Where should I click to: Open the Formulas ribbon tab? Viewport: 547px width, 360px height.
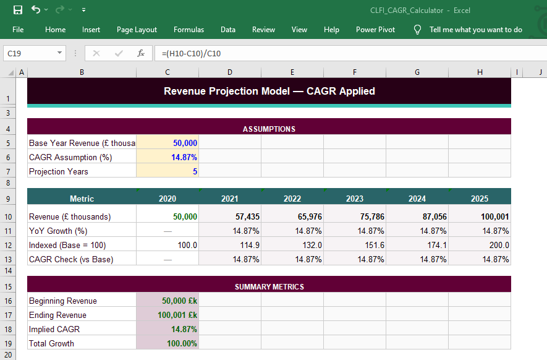click(189, 30)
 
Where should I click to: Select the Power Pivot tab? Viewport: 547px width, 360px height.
click(375, 30)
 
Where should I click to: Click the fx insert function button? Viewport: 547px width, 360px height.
click(141, 54)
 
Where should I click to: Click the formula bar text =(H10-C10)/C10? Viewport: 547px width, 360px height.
click(191, 54)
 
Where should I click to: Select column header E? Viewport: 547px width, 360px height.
click(292, 72)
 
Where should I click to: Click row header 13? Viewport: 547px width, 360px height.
click(7, 259)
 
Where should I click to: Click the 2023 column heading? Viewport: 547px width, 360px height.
click(355, 199)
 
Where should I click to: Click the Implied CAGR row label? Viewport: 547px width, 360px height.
click(54, 329)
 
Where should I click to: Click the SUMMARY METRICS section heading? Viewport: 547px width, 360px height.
click(269, 287)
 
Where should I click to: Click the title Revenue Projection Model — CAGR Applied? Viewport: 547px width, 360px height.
click(269, 91)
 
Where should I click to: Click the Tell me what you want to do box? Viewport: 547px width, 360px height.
click(475, 30)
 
